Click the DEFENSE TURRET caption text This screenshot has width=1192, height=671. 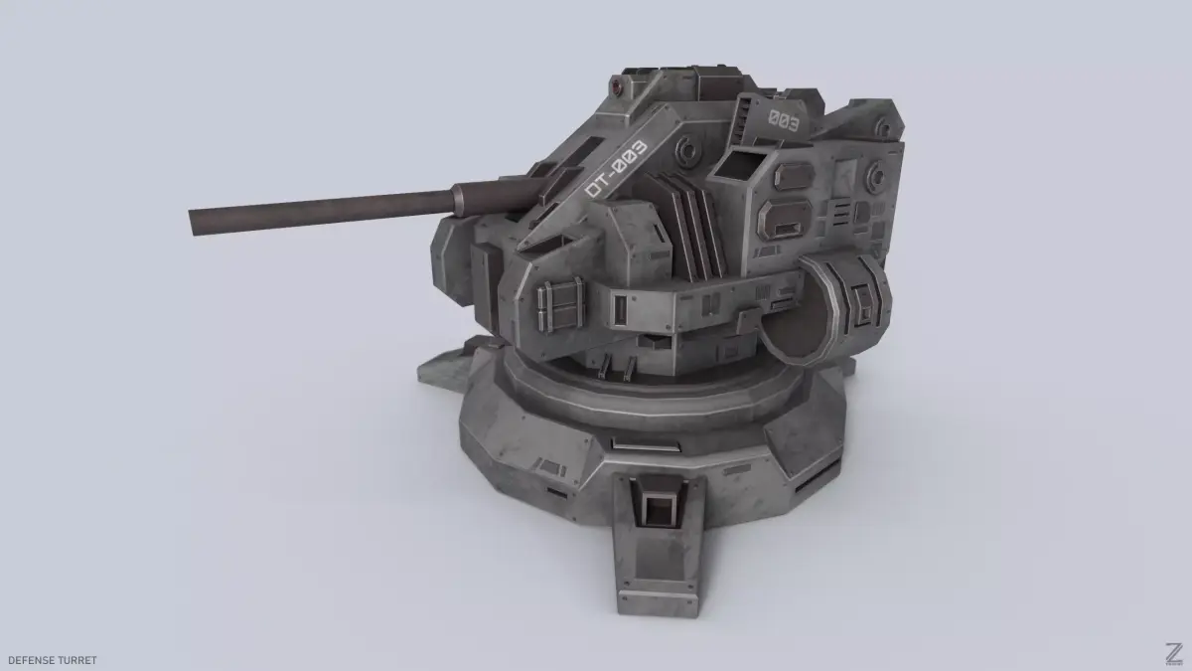click(52, 660)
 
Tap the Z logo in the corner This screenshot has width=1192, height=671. click(1174, 653)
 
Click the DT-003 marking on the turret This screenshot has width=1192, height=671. click(616, 168)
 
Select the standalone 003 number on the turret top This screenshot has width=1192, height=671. click(784, 121)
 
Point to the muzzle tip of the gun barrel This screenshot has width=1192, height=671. click(192, 223)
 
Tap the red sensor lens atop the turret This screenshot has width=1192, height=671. click(616, 86)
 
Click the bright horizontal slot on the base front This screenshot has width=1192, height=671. click(646, 444)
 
